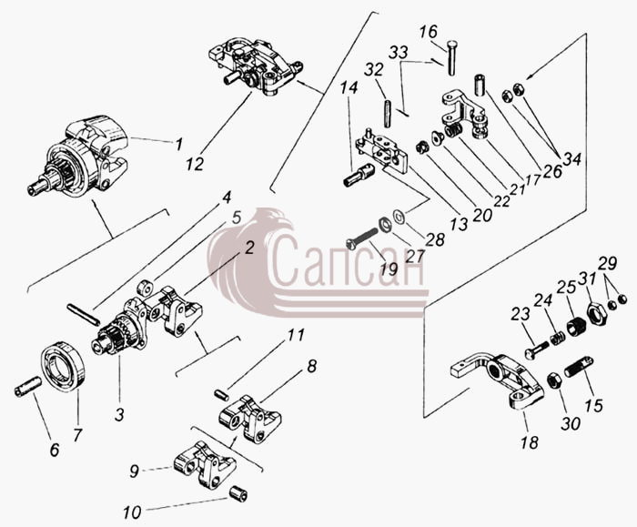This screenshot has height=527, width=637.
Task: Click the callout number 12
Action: (195, 164)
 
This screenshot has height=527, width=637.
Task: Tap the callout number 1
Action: (178, 144)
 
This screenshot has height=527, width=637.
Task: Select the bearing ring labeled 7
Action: (65, 367)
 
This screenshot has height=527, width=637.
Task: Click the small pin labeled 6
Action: (27, 387)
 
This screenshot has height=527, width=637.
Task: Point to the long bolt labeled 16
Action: (451, 57)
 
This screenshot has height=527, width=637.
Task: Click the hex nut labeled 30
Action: (554, 380)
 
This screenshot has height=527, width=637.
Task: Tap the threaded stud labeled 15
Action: (579, 366)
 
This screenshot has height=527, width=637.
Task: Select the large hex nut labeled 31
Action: (596, 312)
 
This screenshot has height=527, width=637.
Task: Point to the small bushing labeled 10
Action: (238, 493)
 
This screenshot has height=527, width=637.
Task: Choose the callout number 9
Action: (134, 471)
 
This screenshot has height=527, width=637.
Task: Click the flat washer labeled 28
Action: (399, 215)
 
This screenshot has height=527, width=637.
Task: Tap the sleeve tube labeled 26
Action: (479, 85)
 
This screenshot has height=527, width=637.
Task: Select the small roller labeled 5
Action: (145, 289)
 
